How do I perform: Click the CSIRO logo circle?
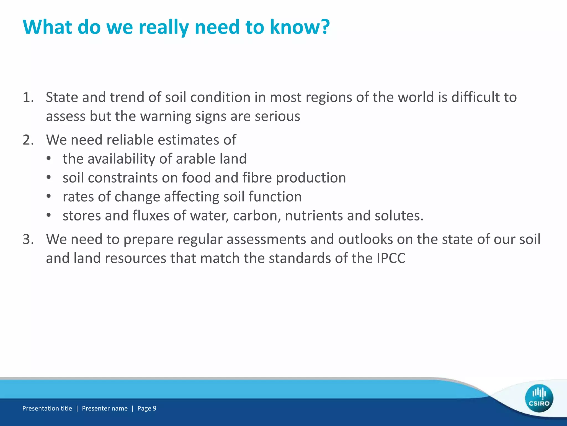pyautogui.click(x=539, y=398)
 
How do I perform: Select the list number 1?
pyautogui.click(x=28, y=97)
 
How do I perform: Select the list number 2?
pyautogui.click(x=28, y=140)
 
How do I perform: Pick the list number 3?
pyautogui.click(x=28, y=239)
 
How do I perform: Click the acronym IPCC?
pyautogui.click(x=391, y=258)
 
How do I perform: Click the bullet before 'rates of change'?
pyautogui.click(x=49, y=197)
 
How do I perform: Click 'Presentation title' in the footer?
pyautogui.click(x=47, y=408)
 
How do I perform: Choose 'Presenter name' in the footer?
pyautogui.click(x=105, y=408)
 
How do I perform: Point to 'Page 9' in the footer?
pyautogui.click(x=147, y=408)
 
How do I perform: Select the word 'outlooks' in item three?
pyautogui.click(x=365, y=239)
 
